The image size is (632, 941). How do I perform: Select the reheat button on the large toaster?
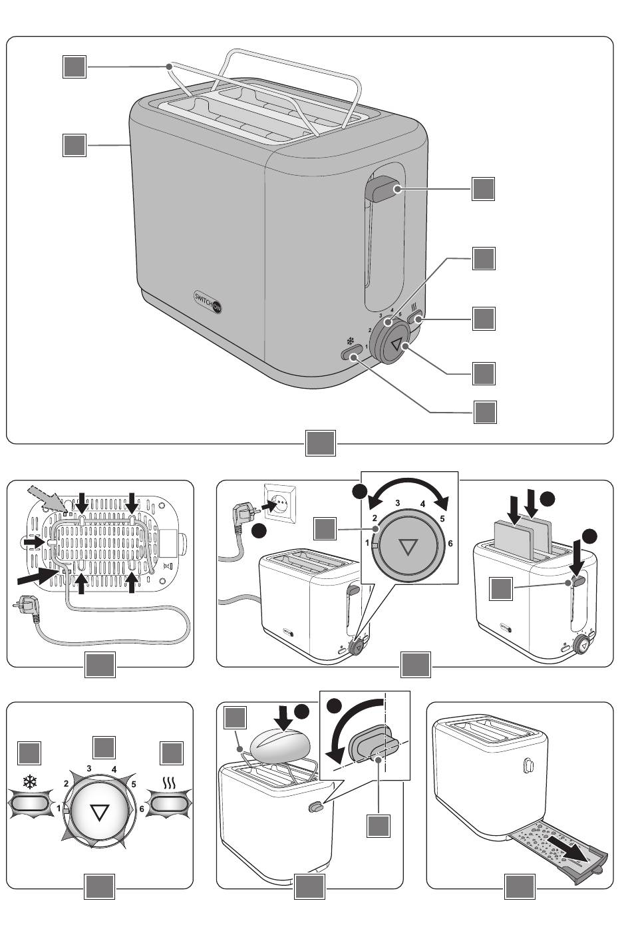418,319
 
